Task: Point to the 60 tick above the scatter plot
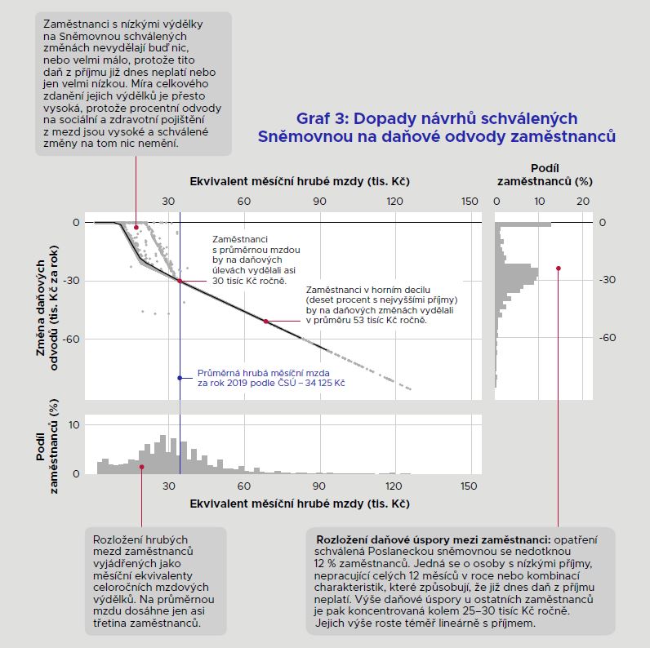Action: pos(243,202)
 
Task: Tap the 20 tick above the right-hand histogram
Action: pos(583,202)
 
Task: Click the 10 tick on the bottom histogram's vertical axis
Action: pos(74,424)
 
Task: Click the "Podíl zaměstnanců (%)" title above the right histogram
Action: pos(544,173)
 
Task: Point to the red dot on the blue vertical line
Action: pos(180,280)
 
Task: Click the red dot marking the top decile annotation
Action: pos(266,322)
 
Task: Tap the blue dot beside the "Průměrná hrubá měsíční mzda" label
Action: pos(180,378)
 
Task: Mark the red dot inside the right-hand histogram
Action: pos(559,268)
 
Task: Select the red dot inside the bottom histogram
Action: pos(141,467)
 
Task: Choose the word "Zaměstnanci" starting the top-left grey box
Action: pos(74,24)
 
